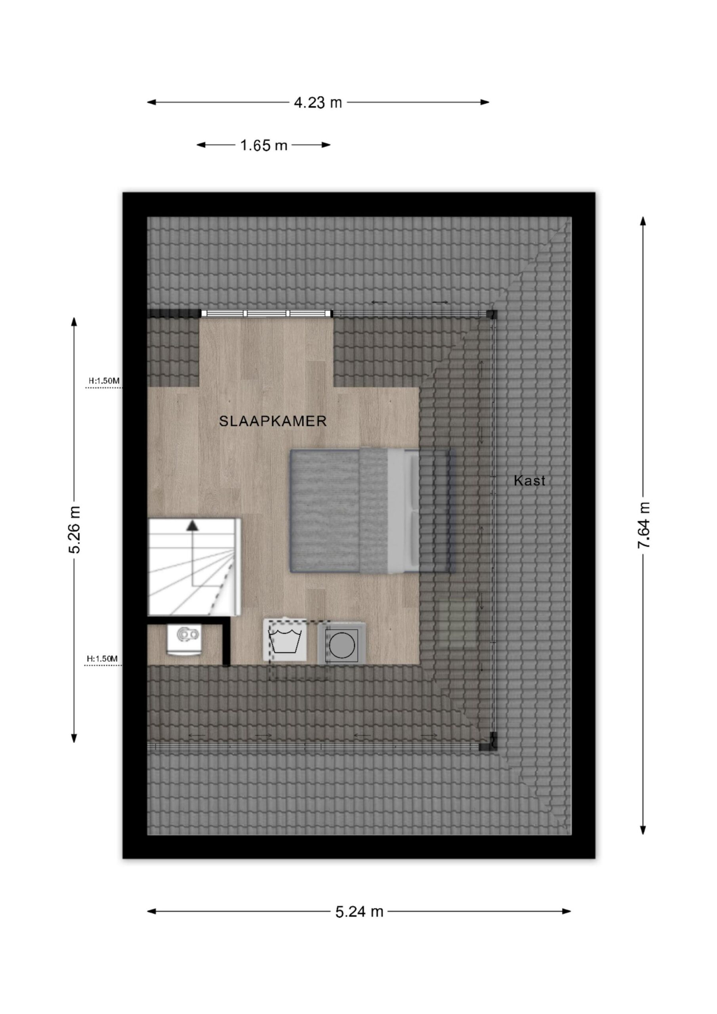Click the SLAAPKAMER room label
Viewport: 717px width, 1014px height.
point(273,421)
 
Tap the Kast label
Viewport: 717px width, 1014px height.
point(529,480)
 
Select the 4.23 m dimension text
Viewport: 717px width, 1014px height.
point(318,103)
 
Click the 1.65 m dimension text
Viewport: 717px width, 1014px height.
point(264,145)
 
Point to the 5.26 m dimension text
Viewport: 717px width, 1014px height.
point(74,530)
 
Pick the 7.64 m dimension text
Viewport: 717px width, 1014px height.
point(644,525)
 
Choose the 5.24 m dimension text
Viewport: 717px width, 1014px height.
point(359,911)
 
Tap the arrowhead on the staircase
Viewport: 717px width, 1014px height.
point(192,525)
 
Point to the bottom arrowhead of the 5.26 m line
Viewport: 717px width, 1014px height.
point(74,738)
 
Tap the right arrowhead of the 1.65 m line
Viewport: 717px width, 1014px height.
point(326,145)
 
